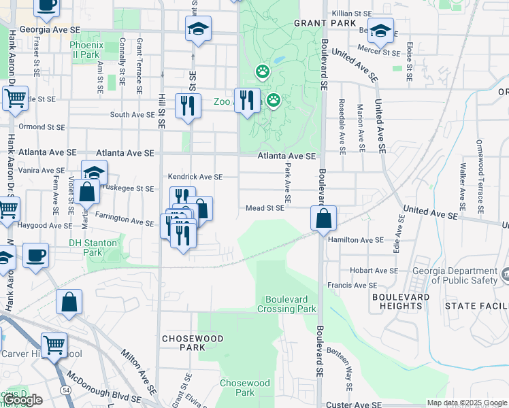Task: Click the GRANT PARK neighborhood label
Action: [x=316, y=23]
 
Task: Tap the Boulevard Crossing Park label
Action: [x=286, y=304]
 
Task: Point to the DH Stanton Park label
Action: [x=93, y=248]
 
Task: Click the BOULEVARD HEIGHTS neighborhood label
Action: [x=401, y=302]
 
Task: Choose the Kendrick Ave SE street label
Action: [x=195, y=177]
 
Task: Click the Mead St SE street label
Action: [x=265, y=208]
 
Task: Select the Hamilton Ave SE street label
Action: [x=356, y=240]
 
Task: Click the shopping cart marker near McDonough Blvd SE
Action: [x=54, y=344]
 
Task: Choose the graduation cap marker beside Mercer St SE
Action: [x=382, y=29]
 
